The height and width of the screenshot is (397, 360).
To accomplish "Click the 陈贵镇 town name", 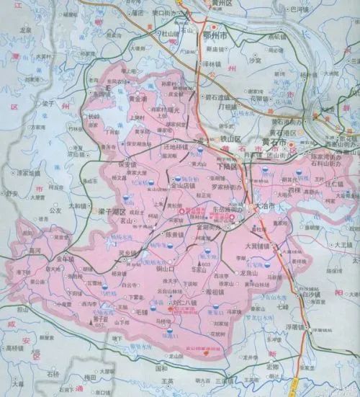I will point(175,235).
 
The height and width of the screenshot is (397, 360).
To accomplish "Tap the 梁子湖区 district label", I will point(112,214).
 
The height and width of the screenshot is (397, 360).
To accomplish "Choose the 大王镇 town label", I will point(341,246).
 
